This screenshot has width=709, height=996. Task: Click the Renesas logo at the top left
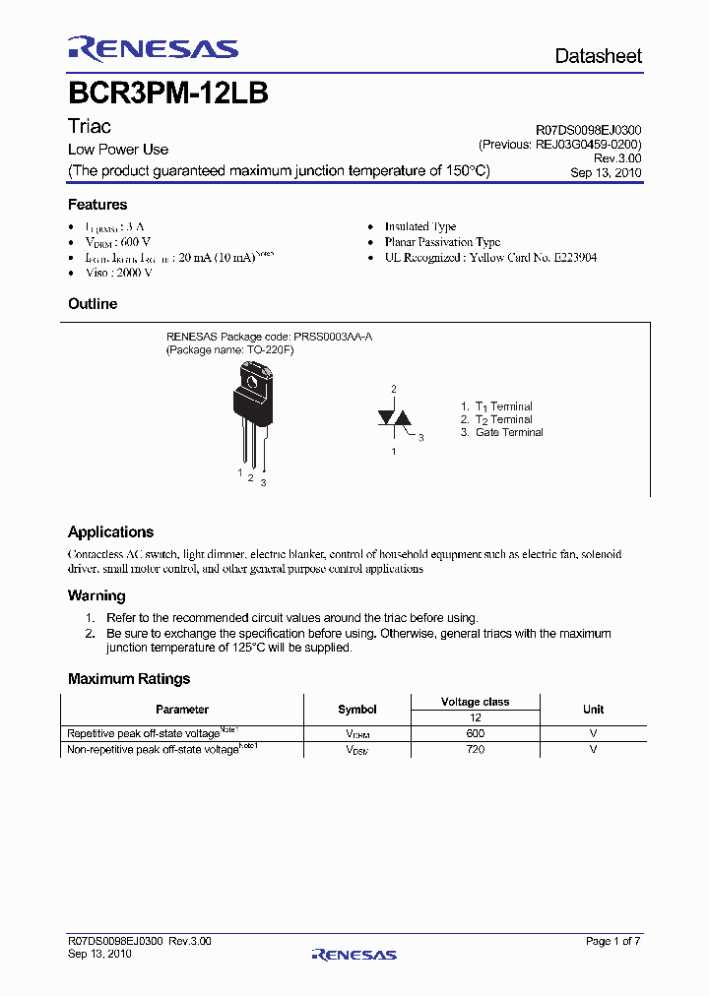153,48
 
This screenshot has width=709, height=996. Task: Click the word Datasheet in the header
598,56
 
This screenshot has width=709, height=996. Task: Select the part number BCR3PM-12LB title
168,93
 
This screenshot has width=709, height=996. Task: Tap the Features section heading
97,205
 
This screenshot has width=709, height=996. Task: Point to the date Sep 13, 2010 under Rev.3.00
606,172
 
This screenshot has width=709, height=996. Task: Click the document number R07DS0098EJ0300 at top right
589,130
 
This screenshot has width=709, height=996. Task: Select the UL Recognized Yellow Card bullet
490,258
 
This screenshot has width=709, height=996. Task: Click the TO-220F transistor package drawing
252,413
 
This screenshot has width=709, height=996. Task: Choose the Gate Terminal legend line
508,432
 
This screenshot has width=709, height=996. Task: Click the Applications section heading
110,531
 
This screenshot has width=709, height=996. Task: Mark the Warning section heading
97,595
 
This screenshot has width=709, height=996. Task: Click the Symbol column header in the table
357,710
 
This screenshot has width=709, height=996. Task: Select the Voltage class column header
475,702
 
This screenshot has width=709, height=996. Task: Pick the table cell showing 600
475,733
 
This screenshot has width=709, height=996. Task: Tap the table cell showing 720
475,749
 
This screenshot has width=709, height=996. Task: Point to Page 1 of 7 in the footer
612,942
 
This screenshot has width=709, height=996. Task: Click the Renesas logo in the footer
354,954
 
